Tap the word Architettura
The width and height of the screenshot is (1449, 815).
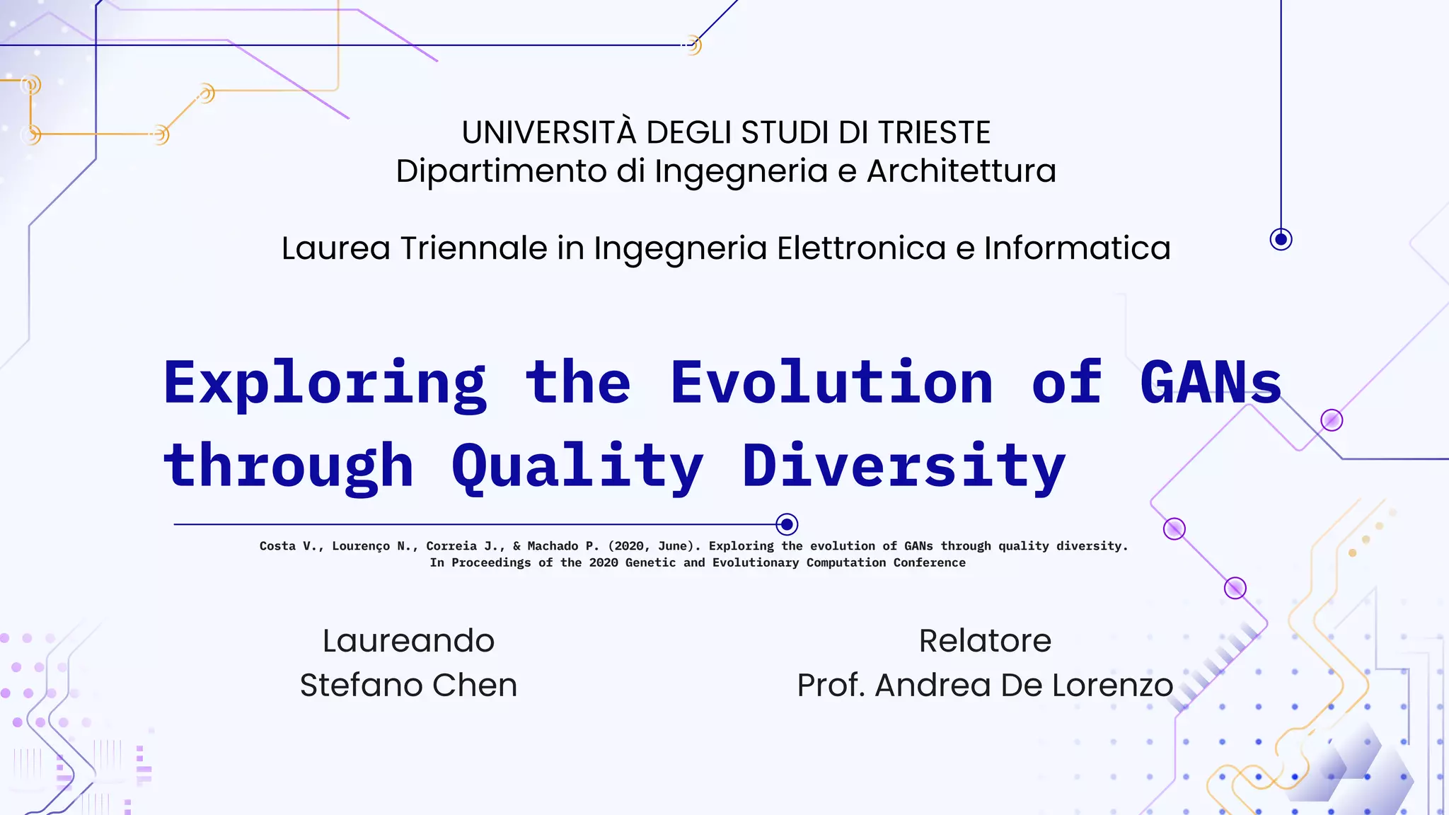[962, 171]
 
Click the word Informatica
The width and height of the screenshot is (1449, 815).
[1077, 248]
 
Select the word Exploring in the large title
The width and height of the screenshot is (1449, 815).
[325, 384]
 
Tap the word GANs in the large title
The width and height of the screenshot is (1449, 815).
[1211, 383]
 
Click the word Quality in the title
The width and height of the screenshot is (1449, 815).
[577, 467]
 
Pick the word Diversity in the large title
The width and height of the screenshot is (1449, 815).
[904, 467]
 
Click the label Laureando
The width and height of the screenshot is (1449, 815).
[408, 641]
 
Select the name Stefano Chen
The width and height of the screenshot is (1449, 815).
[408, 685]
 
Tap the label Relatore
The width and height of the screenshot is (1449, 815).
[985, 641]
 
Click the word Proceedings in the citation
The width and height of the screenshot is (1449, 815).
[491, 563]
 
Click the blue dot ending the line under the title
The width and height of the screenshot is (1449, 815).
[787, 524]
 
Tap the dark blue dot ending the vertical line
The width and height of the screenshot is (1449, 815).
[1281, 239]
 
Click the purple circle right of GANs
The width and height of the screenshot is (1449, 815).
[1332, 420]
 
